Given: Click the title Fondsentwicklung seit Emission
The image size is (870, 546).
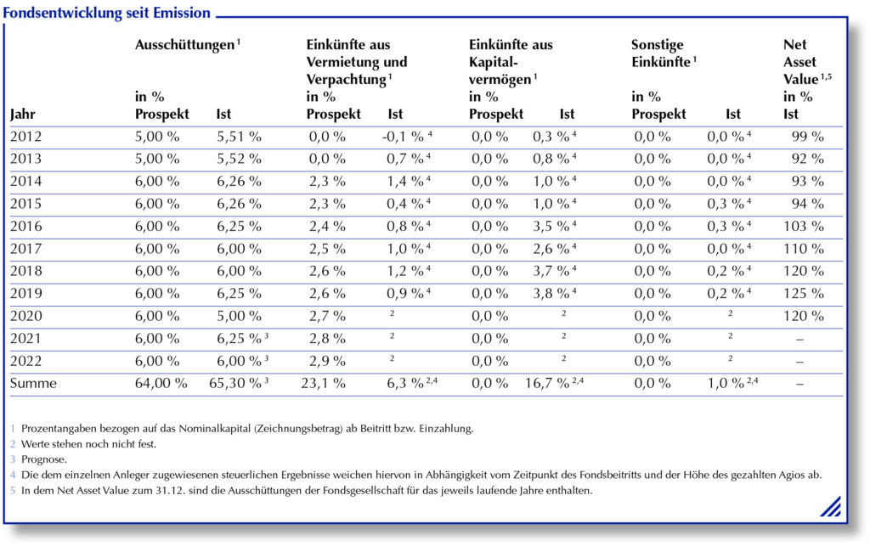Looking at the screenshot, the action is [106, 12].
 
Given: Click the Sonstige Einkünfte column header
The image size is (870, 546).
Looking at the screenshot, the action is [664, 53].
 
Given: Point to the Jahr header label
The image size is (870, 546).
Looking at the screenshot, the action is [23, 114].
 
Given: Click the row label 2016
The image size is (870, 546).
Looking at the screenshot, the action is [26, 226].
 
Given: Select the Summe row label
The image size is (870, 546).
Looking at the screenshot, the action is [33, 383].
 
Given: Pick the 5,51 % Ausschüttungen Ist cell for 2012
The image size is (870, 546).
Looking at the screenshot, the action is [239, 137].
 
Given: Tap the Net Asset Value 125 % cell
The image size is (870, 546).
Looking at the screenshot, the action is [804, 293].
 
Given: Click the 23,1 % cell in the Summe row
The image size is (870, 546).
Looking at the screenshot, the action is [323, 383].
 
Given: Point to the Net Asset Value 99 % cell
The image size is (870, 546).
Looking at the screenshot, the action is [807, 137].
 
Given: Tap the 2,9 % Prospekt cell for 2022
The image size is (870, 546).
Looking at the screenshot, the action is [327, 361].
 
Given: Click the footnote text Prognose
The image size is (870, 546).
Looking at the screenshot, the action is [44, 459].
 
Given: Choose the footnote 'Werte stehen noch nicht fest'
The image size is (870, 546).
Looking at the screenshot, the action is [88, 444].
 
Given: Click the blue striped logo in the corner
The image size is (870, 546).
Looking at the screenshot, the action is [831, 506].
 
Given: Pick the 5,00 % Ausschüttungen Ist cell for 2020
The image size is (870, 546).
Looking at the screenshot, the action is [239, 316].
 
